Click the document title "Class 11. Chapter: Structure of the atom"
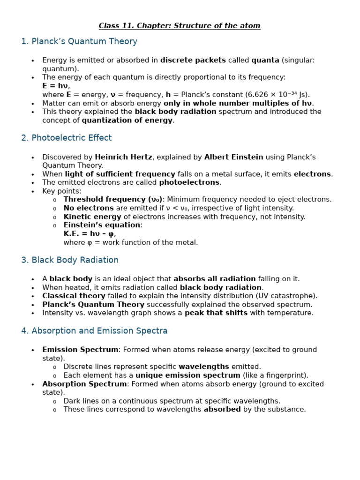tap(180, 26)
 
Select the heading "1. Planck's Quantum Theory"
tap(79, 41)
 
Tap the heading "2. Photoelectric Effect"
tap(67, 138)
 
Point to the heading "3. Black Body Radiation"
tap(70, 260)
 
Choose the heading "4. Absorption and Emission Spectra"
tap(94, 331)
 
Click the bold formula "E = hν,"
tap(56, 86)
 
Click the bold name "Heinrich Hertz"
tap(124, 157)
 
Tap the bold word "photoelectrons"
tap(189, 182)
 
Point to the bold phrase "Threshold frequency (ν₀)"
tap(113, 200)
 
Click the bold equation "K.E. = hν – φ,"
tap(90, 233)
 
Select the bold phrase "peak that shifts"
tap(216, 313)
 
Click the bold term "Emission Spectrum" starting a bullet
tap(80, 350)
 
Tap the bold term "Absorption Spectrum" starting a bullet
tap(84, 384)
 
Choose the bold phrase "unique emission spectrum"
tap(188, 375)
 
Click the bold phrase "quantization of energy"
tap(127, 120)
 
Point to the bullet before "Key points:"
tap(33, 192)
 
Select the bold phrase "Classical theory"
tap(74, 296)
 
